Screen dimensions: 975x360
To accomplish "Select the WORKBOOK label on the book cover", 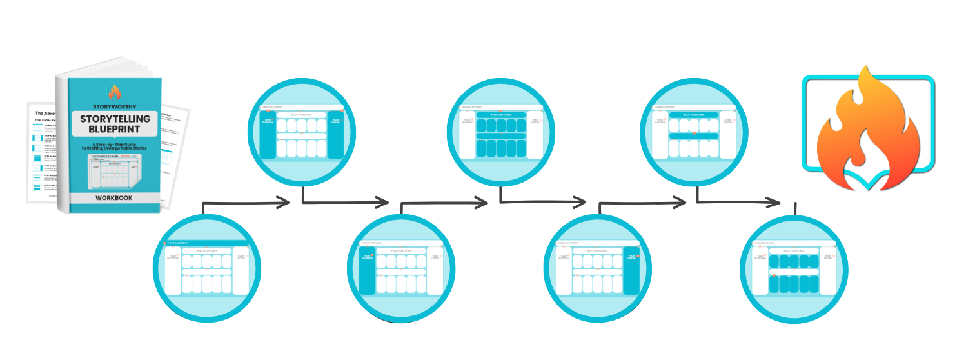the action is [x=115, y=198].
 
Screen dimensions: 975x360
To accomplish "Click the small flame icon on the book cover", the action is [x=114, y=93].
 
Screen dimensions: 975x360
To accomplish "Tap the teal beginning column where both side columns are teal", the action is [x=267, y=135].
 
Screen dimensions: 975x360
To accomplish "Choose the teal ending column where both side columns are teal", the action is [x=335, y=135].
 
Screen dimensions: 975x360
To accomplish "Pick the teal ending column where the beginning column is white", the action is [x=631, y=270].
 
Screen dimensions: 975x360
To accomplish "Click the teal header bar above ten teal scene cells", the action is [x=500, y=115].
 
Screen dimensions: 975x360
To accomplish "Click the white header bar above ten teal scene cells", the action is [x=793, y=250].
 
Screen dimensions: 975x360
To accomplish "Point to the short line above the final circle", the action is [x=796, y=208].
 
